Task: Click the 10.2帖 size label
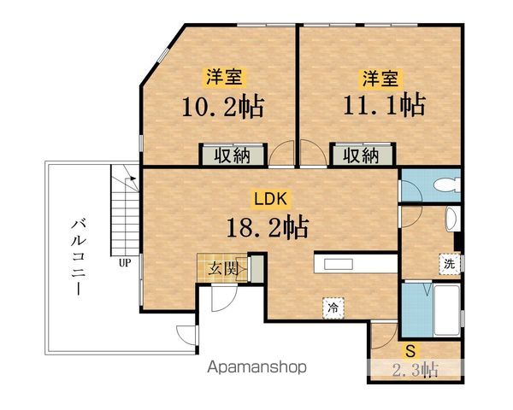[x=223, y=107]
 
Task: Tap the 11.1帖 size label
[x=385, y=104]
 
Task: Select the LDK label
[x=271, y=199]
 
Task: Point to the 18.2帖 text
[x=268, y=227]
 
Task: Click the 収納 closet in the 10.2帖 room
[x=233, y=155]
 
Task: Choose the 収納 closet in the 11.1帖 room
[x=362, y=155]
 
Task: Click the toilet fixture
[x=447, y=185]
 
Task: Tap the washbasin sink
[x=451, y=220]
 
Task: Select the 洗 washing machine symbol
[x=450, y=264]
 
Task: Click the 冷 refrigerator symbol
[x=333, y=307]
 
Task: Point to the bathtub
[x=447, y=310]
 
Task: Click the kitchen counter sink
[x=339, y=264]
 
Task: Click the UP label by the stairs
[x=125, y=262]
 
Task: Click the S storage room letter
[x=410, y=352]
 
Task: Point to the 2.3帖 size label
[x=415, y=370]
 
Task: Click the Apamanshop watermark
[x=256, y=367]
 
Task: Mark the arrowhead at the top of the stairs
[x=133, y=179]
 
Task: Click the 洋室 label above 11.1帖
[x=380, y=78]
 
